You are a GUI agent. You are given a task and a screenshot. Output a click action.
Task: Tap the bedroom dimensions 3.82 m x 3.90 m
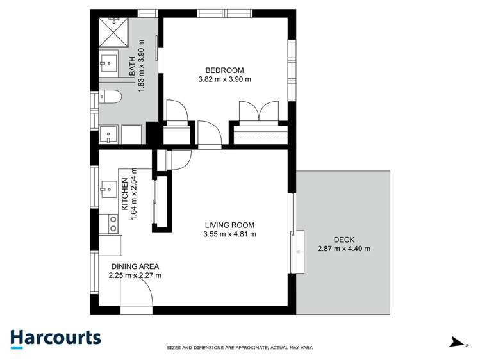224,79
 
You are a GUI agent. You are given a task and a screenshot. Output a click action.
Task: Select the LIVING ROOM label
229,225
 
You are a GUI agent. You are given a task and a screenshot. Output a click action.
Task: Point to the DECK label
343,239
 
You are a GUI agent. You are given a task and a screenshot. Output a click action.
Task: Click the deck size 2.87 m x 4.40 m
343,249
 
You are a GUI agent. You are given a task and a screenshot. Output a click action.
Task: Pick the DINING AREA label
135,266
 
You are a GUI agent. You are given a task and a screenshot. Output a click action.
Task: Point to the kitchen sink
108,190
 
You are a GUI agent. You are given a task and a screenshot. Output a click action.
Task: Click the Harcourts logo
55,338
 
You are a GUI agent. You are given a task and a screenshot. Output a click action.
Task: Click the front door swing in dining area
137,295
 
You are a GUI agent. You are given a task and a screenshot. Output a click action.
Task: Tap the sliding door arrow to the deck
299,252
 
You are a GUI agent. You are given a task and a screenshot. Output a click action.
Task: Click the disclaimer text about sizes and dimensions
240,348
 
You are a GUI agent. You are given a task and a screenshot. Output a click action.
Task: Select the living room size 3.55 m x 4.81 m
229,234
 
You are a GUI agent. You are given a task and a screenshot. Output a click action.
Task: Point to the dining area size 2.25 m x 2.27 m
135,276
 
